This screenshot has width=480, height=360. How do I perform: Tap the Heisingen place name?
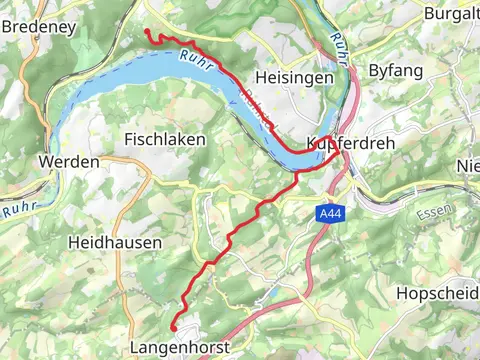pyautogui.click(x=291, y=77)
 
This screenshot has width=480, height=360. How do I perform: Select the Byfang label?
pyautogui.click(x=396, y=70)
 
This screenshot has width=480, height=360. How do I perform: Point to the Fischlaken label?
pyautogui.click(x=165, y=140)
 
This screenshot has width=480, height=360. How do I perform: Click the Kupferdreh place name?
pyautogui.click(x=352, y=144)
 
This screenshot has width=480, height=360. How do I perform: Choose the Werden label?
pyautogui.click(x=68, y=161)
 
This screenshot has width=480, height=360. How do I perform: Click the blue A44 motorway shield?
pyautogui.click(x=330, y=214)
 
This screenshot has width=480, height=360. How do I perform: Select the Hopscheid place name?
pyautogui.click(x=437, y=293)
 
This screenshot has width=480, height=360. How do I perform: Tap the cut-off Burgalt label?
pyautogui.click(x=451, y=13)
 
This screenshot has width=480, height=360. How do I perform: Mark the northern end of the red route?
pyautogui.click(x=148, y=32)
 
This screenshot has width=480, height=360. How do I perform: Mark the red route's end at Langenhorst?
pyautogui.click(x=173, y=327)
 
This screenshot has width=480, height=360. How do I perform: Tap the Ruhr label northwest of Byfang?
pyautogui.click(x=339, y=45)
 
